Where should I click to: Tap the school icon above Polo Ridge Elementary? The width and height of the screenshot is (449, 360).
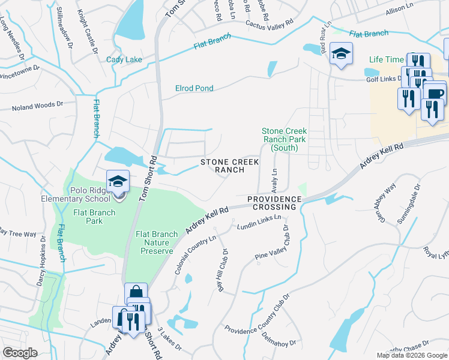tap(118, 181)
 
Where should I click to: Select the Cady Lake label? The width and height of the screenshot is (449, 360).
tap(124, 59)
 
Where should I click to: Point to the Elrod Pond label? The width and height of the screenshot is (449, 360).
tap(194, 88)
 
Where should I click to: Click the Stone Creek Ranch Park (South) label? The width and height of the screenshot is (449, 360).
tap(284, 139)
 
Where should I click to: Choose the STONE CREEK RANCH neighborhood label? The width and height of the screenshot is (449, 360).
tap(230, 166)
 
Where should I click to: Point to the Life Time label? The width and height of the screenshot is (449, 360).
tap(387, 59)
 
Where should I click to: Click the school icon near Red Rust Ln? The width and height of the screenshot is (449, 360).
tap(340, 55)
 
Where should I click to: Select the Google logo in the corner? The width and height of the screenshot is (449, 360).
tap(20, 353)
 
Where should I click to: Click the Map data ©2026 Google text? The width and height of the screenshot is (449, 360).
tap(411, 355)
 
